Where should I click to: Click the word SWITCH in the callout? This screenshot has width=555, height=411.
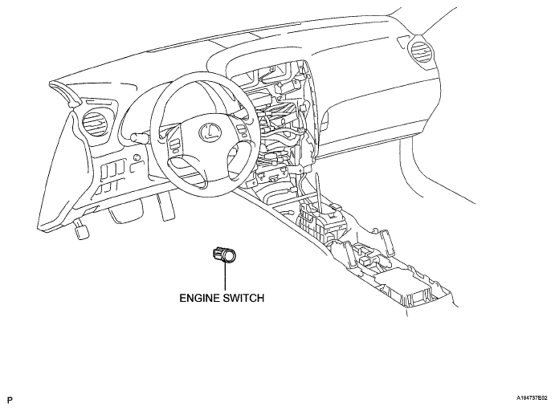click(244, 296)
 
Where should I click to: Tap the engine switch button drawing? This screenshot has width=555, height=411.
click(224, 255)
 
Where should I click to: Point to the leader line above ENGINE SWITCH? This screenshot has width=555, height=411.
click(226, 277)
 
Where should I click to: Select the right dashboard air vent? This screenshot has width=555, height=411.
click(420, 54)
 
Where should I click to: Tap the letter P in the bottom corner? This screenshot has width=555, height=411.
click(9, 397)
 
